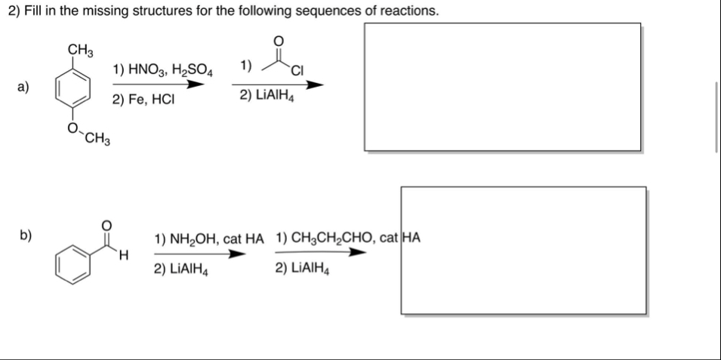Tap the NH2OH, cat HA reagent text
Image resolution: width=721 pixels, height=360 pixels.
(x=208, y=238)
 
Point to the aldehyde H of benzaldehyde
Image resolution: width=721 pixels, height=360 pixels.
(x=124, y=258)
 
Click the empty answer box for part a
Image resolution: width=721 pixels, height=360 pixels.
(x=502, y=87)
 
